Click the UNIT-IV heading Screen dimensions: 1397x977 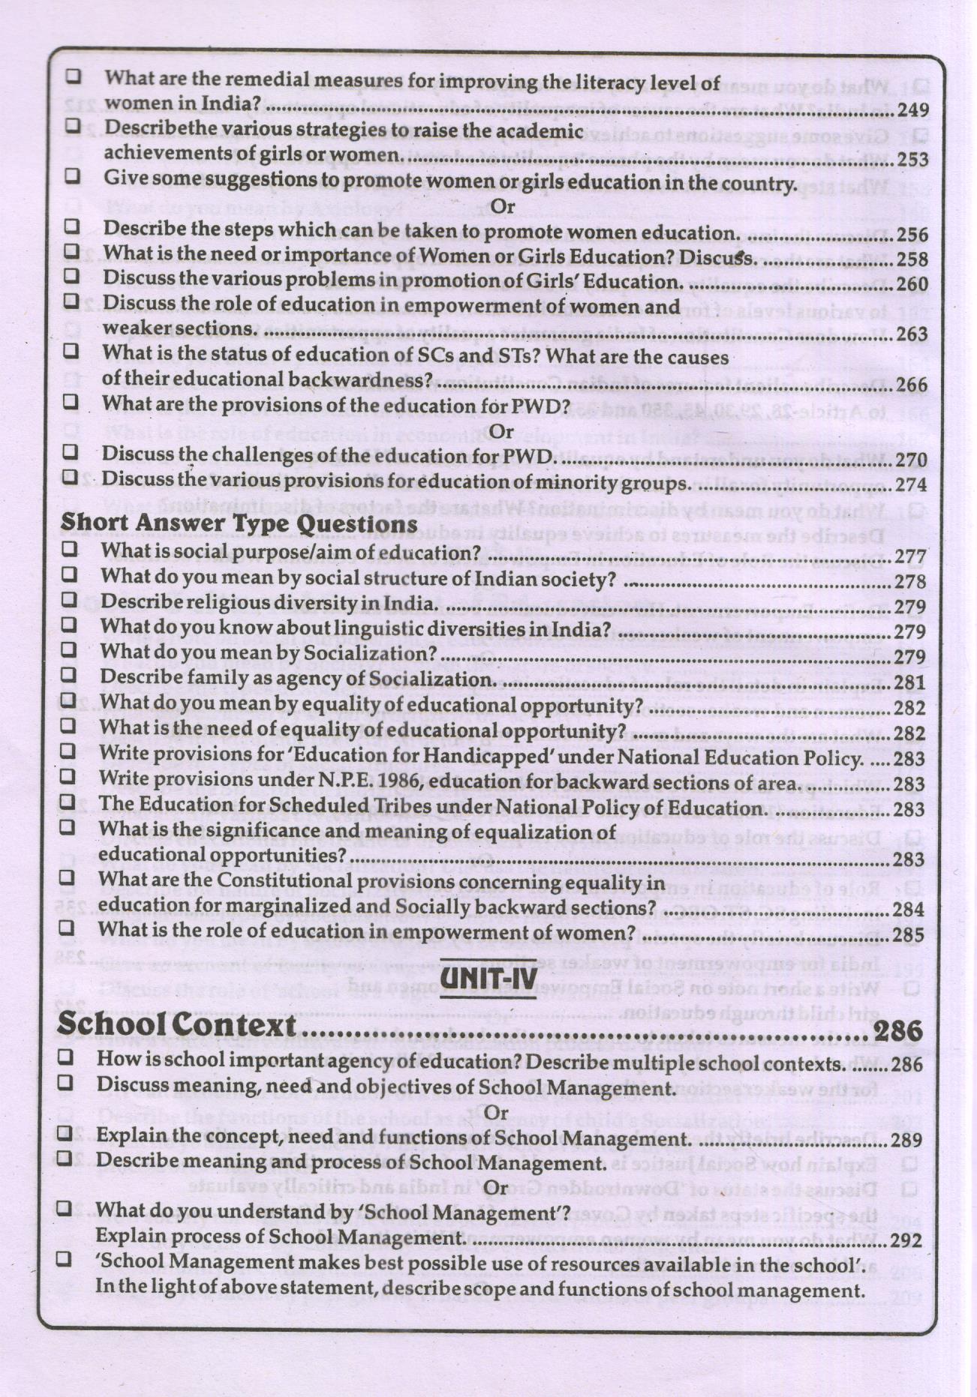coord(488,979)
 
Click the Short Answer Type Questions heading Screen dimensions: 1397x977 coord(239,523)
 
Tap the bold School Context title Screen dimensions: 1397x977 coord(177,1024)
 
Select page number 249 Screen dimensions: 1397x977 coord(912,110)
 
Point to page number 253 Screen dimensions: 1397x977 coord(912,160)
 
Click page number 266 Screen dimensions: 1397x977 coord(912,385)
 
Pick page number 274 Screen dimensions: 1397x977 coord(911,485)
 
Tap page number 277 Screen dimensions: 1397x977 coord(910,557)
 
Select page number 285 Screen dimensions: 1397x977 coord(908,936)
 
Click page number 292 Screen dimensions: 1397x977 coord(906,1240)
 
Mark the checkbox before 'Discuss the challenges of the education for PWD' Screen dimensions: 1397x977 coord(71,451)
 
